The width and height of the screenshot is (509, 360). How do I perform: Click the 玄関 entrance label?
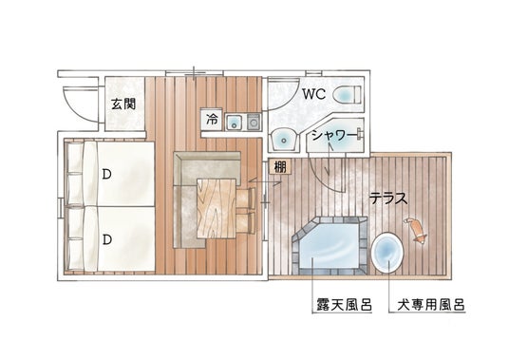[x=123, y=104]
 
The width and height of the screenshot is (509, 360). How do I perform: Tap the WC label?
[x=313, y=94]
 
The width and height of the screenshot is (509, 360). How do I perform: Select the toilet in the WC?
[x=347, y=94]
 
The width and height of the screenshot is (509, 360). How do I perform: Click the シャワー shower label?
[x=332, y=136]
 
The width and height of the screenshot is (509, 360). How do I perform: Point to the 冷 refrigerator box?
[x=212, y=120]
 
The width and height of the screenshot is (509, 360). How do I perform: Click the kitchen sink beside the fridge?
[x=235, y=122]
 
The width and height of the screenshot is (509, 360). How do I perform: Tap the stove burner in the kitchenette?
[x=254, y=122]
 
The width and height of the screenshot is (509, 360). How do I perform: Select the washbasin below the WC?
[x=284, y=140]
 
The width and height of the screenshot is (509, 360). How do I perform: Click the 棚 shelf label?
[x=280, y=167]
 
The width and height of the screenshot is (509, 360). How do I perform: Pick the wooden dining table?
[x=217, y=208]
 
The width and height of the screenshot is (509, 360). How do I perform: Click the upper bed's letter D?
[x=106, y=175]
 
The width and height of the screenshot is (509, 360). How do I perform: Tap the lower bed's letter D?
[x=106, y=239]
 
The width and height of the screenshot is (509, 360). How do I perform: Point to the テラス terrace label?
[x=389, y=198]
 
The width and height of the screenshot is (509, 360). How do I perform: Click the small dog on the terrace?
[x=416, y=229]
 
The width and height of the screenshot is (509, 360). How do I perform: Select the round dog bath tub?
[x=387, y=252]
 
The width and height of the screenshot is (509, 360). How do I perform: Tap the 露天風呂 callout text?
[x=345, y=305]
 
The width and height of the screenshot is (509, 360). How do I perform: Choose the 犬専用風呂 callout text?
[x=431, y=305]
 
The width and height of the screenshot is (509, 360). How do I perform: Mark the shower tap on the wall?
[x=359, y=134]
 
